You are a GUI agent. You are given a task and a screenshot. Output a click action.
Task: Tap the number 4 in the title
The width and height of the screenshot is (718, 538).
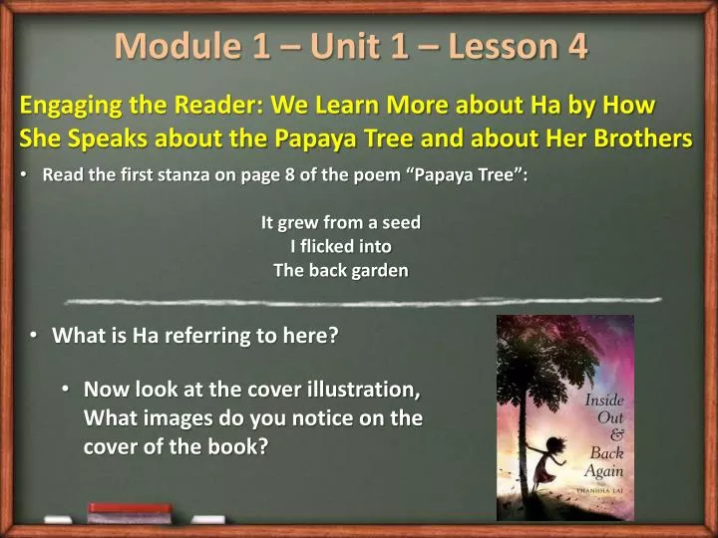point(576,46)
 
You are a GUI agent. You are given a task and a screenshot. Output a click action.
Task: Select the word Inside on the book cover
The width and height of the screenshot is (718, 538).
point(604,401)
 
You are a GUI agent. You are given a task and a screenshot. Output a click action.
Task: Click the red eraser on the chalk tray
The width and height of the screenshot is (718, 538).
point(130,509)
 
